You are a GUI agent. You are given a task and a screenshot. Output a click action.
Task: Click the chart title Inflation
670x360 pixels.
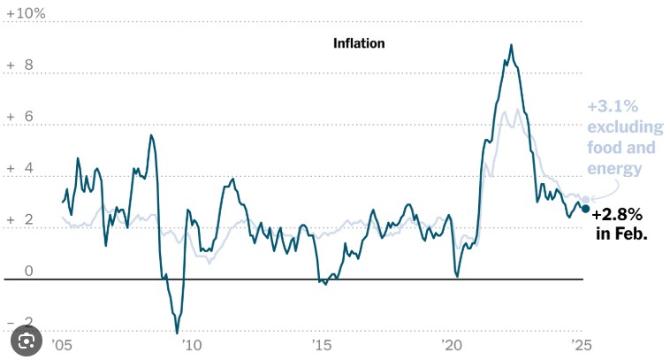(359, 42)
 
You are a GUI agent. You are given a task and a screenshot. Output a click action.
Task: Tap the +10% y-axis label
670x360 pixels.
(26, 13)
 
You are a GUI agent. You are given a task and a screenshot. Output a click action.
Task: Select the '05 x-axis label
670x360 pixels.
(61, 345)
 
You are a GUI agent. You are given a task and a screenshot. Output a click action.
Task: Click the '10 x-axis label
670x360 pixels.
(191, 345)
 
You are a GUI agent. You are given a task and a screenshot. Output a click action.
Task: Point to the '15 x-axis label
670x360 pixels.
(321, 345)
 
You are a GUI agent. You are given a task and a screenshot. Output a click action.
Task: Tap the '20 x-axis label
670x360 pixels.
(451, 345)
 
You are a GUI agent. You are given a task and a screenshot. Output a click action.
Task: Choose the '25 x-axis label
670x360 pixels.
(581, 345)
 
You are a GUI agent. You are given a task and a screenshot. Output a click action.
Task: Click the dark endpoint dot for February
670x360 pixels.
(585, 209)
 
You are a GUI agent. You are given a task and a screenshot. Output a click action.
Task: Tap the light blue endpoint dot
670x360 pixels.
(584, 201)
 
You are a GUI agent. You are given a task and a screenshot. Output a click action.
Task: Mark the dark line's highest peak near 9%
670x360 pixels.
(511, 45)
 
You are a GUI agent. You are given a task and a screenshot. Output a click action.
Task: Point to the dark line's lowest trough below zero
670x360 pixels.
(177, 333)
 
